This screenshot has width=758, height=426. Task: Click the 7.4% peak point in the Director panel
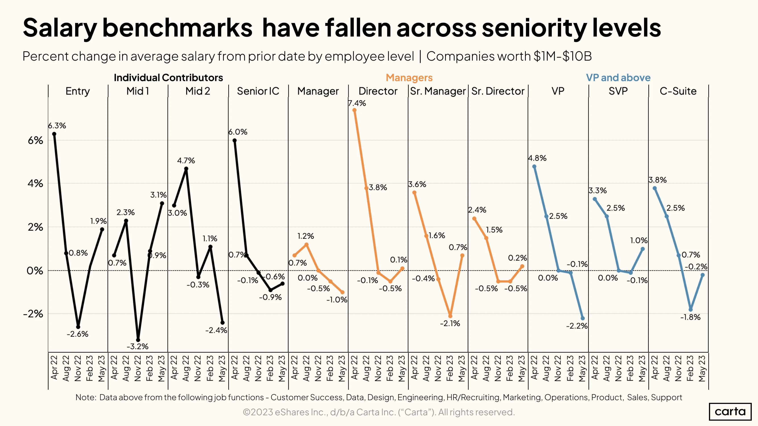pos(354,110)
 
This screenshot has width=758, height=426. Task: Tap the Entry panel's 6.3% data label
pos(57,126)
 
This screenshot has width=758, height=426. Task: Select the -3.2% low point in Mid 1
pos(138,340)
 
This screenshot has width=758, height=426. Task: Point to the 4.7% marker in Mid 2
pos(186,169)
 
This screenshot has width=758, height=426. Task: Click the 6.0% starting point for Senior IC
pos(235,141)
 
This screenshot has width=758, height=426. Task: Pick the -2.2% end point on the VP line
pos(583,318)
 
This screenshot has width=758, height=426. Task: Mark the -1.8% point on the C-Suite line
pos(691,309)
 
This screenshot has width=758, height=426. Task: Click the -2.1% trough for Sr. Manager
pos(450,316)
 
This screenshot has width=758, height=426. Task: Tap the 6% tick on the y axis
pos(35,141)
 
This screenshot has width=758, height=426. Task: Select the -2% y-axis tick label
pos(33,314)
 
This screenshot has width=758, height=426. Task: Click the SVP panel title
pos(618,91)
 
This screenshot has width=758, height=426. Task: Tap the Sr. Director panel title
pos(498,91)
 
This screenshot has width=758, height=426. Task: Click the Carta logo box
pos(730,412)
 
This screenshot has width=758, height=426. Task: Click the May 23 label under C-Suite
pos(702,368)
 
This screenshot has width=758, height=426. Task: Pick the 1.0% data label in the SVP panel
pos(639,240)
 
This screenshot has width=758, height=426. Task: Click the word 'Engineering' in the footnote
pos(420,397)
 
